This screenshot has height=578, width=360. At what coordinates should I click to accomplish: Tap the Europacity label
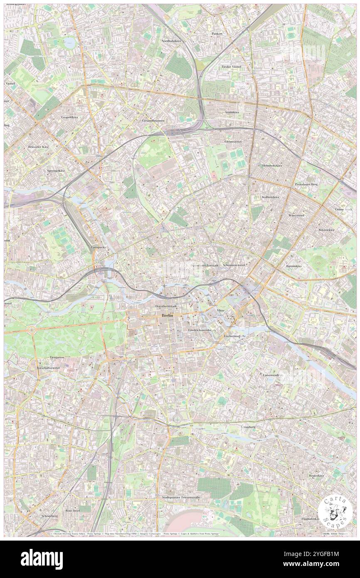pyautogui.click(x=99, y=247)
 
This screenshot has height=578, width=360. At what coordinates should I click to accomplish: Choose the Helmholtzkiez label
pyautogui.click(x=272, y=165)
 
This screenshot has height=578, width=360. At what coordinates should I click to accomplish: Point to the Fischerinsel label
pyautogui.click(x=232, y=335)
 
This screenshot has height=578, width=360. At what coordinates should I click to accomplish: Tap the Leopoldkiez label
pyautogui.click(x=70, y=117)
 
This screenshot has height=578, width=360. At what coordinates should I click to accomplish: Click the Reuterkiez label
pyautogui.click(x=316, y=475)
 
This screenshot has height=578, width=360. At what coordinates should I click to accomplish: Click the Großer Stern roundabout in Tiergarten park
pyautogui.click(x=32, y=329)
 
